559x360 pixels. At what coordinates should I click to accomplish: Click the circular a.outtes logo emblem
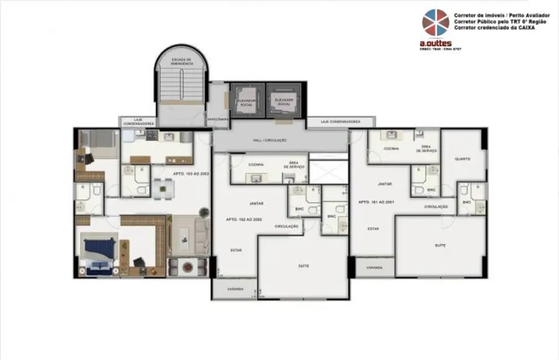click(436, 23)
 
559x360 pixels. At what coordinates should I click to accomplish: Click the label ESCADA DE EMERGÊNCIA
click(181, 61)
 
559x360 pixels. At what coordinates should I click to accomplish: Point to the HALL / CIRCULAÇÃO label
click(270, 141)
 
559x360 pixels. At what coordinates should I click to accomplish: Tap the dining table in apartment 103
click(163, 189)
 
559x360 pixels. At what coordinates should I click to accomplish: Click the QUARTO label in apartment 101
click(462, 158)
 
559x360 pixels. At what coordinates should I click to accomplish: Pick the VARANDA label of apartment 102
click(234, 288)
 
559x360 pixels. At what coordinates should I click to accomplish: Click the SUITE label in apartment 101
click(440, 245)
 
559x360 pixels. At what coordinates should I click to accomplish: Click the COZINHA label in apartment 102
click(256, 164)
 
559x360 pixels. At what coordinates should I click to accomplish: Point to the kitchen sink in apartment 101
click(391, 135)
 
